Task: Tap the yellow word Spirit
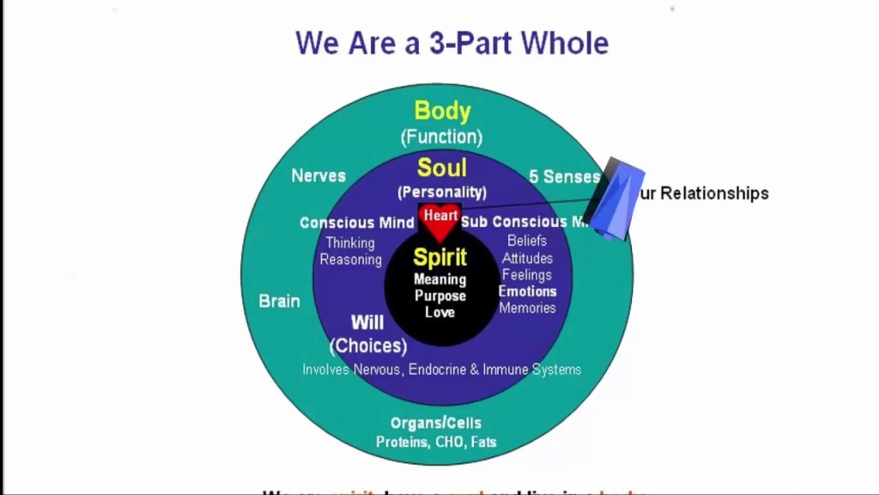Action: (440, 256)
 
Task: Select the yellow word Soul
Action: (441, 167)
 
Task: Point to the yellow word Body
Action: (442, 111)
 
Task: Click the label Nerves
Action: (318, 175)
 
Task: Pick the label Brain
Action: (280, 301)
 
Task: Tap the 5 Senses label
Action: (564, 176)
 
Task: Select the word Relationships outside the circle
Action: (711, 193)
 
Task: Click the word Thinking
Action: (349, 243)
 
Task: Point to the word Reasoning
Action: (350, 260)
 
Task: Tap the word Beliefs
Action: (527, 241)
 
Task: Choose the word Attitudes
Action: (527, 258)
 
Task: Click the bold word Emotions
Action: (527, 291)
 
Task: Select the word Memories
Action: (527, 308)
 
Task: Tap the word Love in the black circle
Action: (439, 312)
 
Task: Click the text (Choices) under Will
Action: (368, 345)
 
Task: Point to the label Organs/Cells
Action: (436, 423)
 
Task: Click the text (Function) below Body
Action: (441, 137)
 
